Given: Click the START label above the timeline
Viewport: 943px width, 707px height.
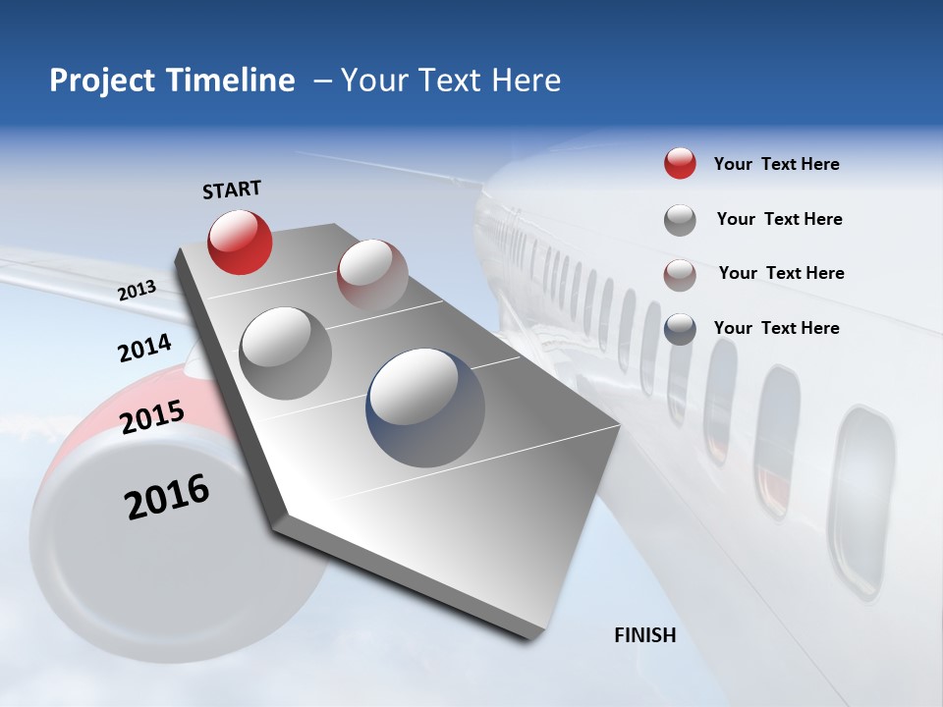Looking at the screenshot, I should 232,190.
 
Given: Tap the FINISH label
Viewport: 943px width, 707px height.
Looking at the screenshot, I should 645,635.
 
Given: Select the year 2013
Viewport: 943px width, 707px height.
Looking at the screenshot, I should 137,291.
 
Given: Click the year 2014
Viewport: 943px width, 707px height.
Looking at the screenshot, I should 144,349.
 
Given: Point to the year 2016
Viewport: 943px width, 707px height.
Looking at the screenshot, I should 167,497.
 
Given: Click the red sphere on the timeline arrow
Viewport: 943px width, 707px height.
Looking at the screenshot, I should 240,242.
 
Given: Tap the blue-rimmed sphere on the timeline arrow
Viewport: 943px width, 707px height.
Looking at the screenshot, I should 425,406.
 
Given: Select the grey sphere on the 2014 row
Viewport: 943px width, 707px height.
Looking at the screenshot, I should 286,353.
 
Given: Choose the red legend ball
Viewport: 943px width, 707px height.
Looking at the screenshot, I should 680,164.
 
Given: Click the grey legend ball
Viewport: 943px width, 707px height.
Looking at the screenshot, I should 680,220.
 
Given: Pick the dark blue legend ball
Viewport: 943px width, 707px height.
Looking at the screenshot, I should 680,329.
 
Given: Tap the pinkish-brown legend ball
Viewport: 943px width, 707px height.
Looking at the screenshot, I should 680,275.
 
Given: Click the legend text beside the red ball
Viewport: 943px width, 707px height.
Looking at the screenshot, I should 776,164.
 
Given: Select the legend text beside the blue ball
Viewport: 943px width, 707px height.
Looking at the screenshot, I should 776,328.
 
